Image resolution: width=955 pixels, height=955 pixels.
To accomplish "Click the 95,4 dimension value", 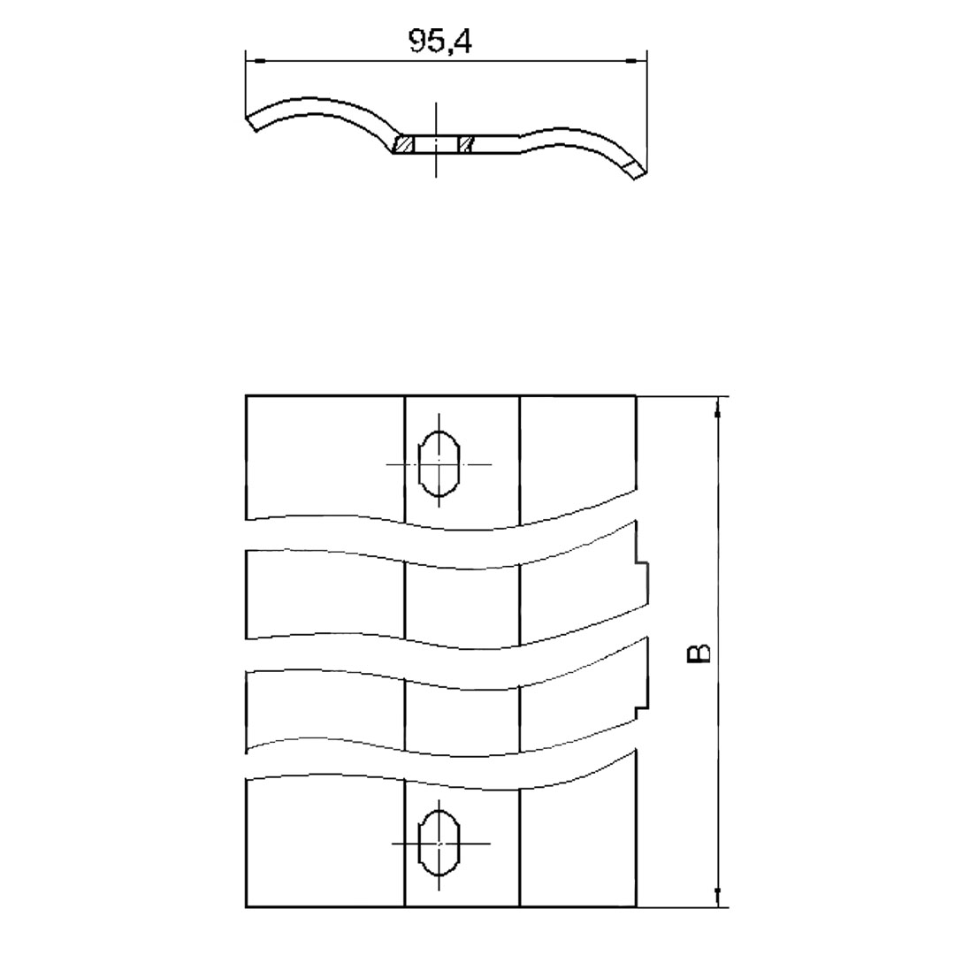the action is tap(439, 42).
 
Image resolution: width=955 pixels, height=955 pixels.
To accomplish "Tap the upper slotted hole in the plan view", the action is tap(439, 464).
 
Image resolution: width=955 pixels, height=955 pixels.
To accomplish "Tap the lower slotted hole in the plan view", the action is tap(439, 843).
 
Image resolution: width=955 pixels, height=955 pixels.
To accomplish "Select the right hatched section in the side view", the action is tap(467, 144).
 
